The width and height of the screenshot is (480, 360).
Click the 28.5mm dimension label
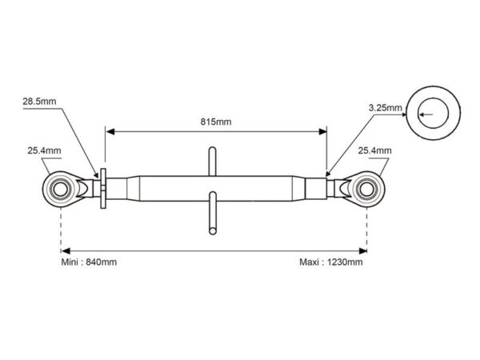tap(39, 102)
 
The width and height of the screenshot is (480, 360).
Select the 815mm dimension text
tap(216, 122)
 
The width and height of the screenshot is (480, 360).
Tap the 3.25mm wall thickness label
tap(385, 108)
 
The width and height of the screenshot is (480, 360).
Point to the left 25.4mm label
tap(44, 150)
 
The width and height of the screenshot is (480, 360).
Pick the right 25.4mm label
tap(374, 150)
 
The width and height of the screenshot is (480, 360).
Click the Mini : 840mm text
tap(89, 262)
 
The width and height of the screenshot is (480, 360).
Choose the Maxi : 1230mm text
tap(331, 262)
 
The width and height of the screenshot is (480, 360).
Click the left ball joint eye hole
tap(60, 189)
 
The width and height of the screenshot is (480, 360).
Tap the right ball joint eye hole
tap(366, 189)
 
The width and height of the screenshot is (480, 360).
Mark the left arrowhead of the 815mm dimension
tap(110, 132)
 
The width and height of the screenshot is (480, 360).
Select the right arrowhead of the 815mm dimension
tap(322, 132)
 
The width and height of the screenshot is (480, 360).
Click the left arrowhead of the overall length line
tap(66, 251)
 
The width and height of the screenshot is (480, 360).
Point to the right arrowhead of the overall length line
tap(362, 251)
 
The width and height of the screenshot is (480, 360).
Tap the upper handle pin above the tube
tap(212, 162)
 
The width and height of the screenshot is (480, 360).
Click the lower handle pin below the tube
tap(213, 214)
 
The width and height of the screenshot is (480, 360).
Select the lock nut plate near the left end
tap(103, 189)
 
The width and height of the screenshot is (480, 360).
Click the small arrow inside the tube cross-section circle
tap(426, 114)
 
